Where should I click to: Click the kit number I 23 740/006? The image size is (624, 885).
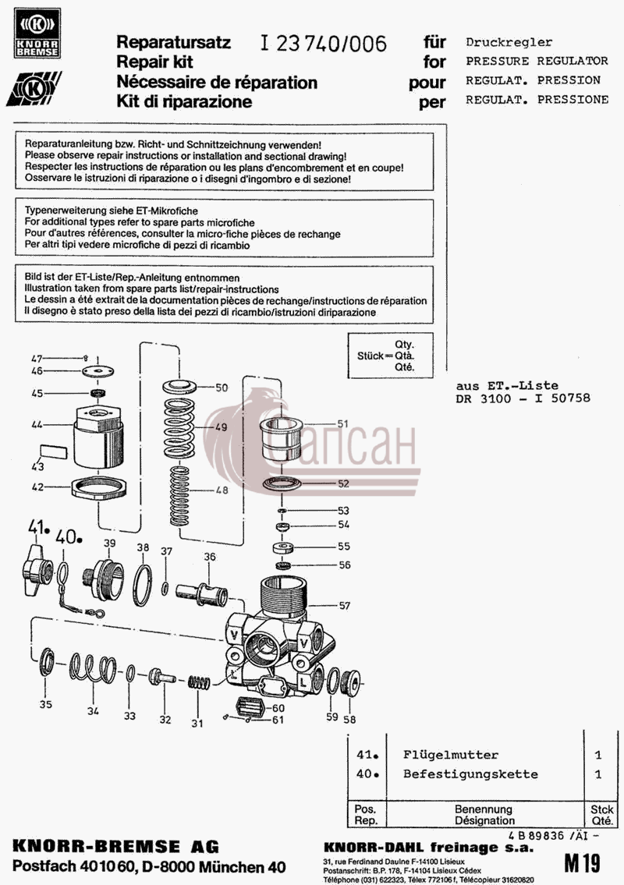click(324, 43)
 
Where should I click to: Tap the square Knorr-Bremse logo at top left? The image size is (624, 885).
click(37, 34)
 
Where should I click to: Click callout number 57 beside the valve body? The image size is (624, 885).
click(345, 606)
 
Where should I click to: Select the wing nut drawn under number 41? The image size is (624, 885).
click(38, 569)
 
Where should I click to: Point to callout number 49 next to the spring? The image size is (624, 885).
click(222, 427)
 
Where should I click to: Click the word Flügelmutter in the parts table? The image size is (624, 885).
click(451, 755)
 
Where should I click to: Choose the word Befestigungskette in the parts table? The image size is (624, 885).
click(470, 773)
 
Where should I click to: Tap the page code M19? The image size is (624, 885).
click(582, 863)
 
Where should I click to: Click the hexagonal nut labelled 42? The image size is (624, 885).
click(99, 487)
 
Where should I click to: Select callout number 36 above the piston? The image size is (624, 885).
click(210, 557)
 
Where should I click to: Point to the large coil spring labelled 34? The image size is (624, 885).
click(93, 668)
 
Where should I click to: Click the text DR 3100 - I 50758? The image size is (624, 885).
click(523, 398)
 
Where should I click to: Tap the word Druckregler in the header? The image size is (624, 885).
click(509, 42)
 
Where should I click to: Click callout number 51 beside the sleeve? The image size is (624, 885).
click(342, 424)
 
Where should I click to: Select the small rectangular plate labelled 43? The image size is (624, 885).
click(54, 451)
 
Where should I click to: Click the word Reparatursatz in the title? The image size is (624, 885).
click(173, 42)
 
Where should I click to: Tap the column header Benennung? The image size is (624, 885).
click(484, 809)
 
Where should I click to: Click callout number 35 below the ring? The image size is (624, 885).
click(46, 704)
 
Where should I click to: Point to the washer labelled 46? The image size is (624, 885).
click(97, 371)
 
